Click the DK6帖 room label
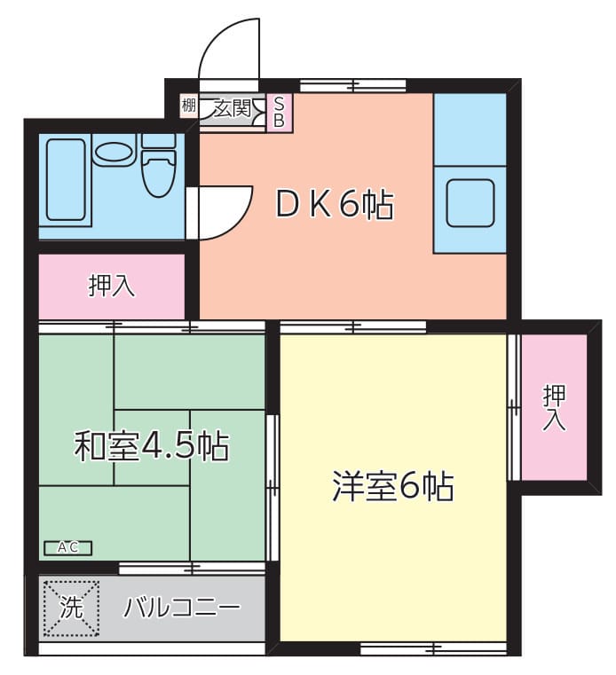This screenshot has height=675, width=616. pos(334,206)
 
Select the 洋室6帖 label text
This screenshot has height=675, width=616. pos(393,486)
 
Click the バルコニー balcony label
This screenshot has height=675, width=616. pos(182,608)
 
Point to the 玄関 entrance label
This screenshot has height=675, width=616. pos(233,109)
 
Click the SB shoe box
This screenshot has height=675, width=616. pos(279,113)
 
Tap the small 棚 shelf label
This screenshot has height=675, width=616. pos(188,107)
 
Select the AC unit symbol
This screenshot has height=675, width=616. pos(67,547)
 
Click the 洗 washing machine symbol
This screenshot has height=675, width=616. pos(69,608)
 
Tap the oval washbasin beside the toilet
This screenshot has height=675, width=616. pos(113,153)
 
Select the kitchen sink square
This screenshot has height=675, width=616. pos(470,204)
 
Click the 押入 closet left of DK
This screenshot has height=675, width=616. pos(112,286)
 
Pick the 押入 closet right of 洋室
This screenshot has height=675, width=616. pos(554,407)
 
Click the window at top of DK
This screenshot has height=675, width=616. pos(352,86)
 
